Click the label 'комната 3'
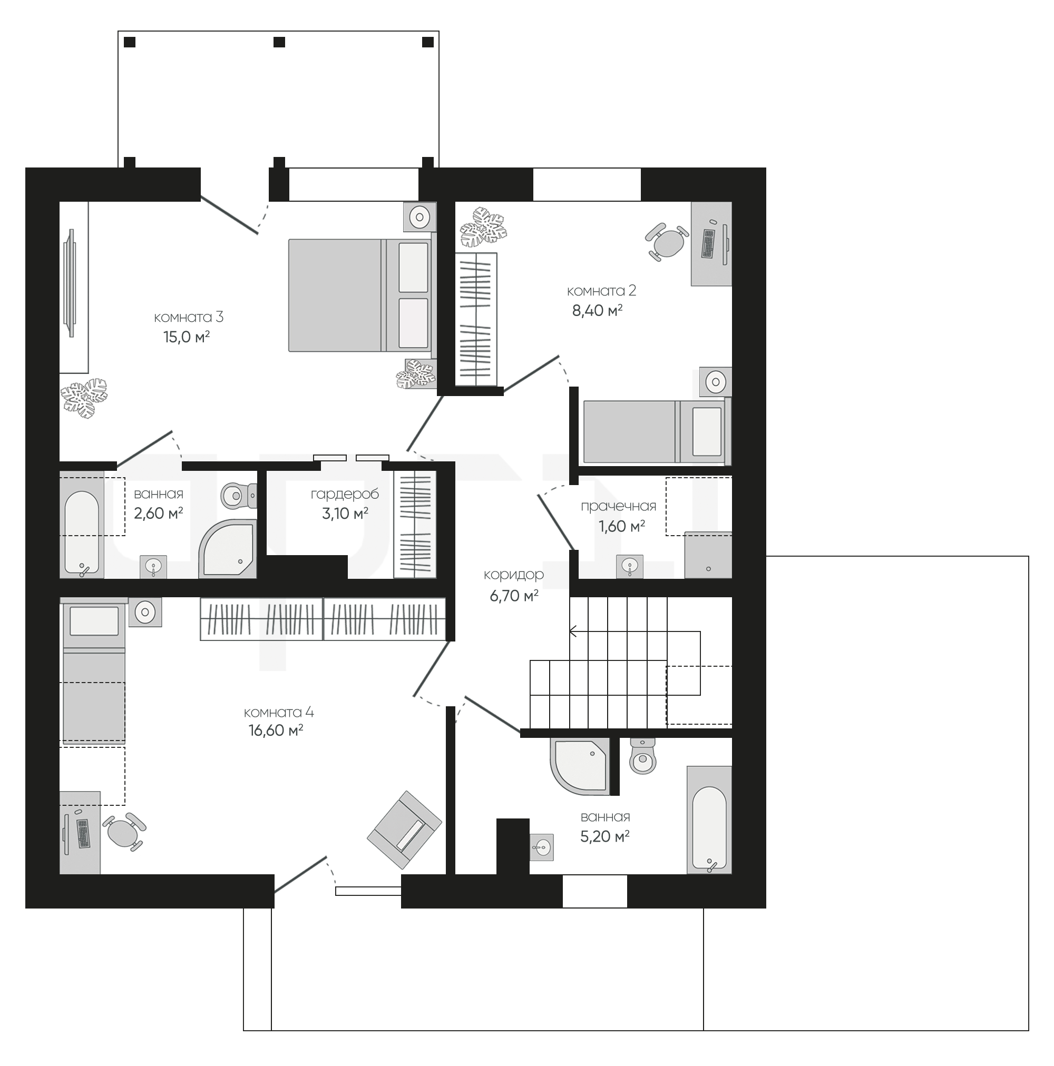pos(188,317)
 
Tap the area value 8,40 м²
pos(597,311)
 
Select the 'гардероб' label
pos(345,495)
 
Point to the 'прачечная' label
pos(618,507)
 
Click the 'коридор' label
pos(513,575)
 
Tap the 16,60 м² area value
pos(276,731)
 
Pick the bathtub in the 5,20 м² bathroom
pos(709,820)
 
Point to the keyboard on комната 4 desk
pos(83,834)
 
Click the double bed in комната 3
pos(359,295)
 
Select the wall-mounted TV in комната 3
pos(69,282)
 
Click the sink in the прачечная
pos(629,566)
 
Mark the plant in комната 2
pos(483,227)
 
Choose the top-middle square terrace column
pos(279,42)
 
